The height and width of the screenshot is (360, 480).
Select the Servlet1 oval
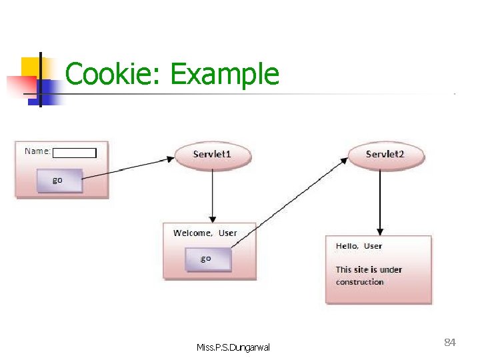click(213, 155)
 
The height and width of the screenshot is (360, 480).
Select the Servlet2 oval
click(385, 155)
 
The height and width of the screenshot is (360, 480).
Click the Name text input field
click(75, 153)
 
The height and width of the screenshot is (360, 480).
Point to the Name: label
click(37, 151)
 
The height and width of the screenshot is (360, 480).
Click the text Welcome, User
click(205, 233)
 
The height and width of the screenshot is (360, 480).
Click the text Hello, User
click(359, 246)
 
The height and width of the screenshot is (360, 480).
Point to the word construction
click(359, 282)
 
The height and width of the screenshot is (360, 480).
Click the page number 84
click(449, 343)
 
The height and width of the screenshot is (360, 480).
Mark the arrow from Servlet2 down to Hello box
click(380, 200)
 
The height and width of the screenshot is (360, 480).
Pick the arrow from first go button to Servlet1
click(127, 171)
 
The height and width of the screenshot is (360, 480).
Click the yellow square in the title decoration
click(30, 67)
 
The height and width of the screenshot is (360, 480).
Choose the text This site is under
click(369, 270)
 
